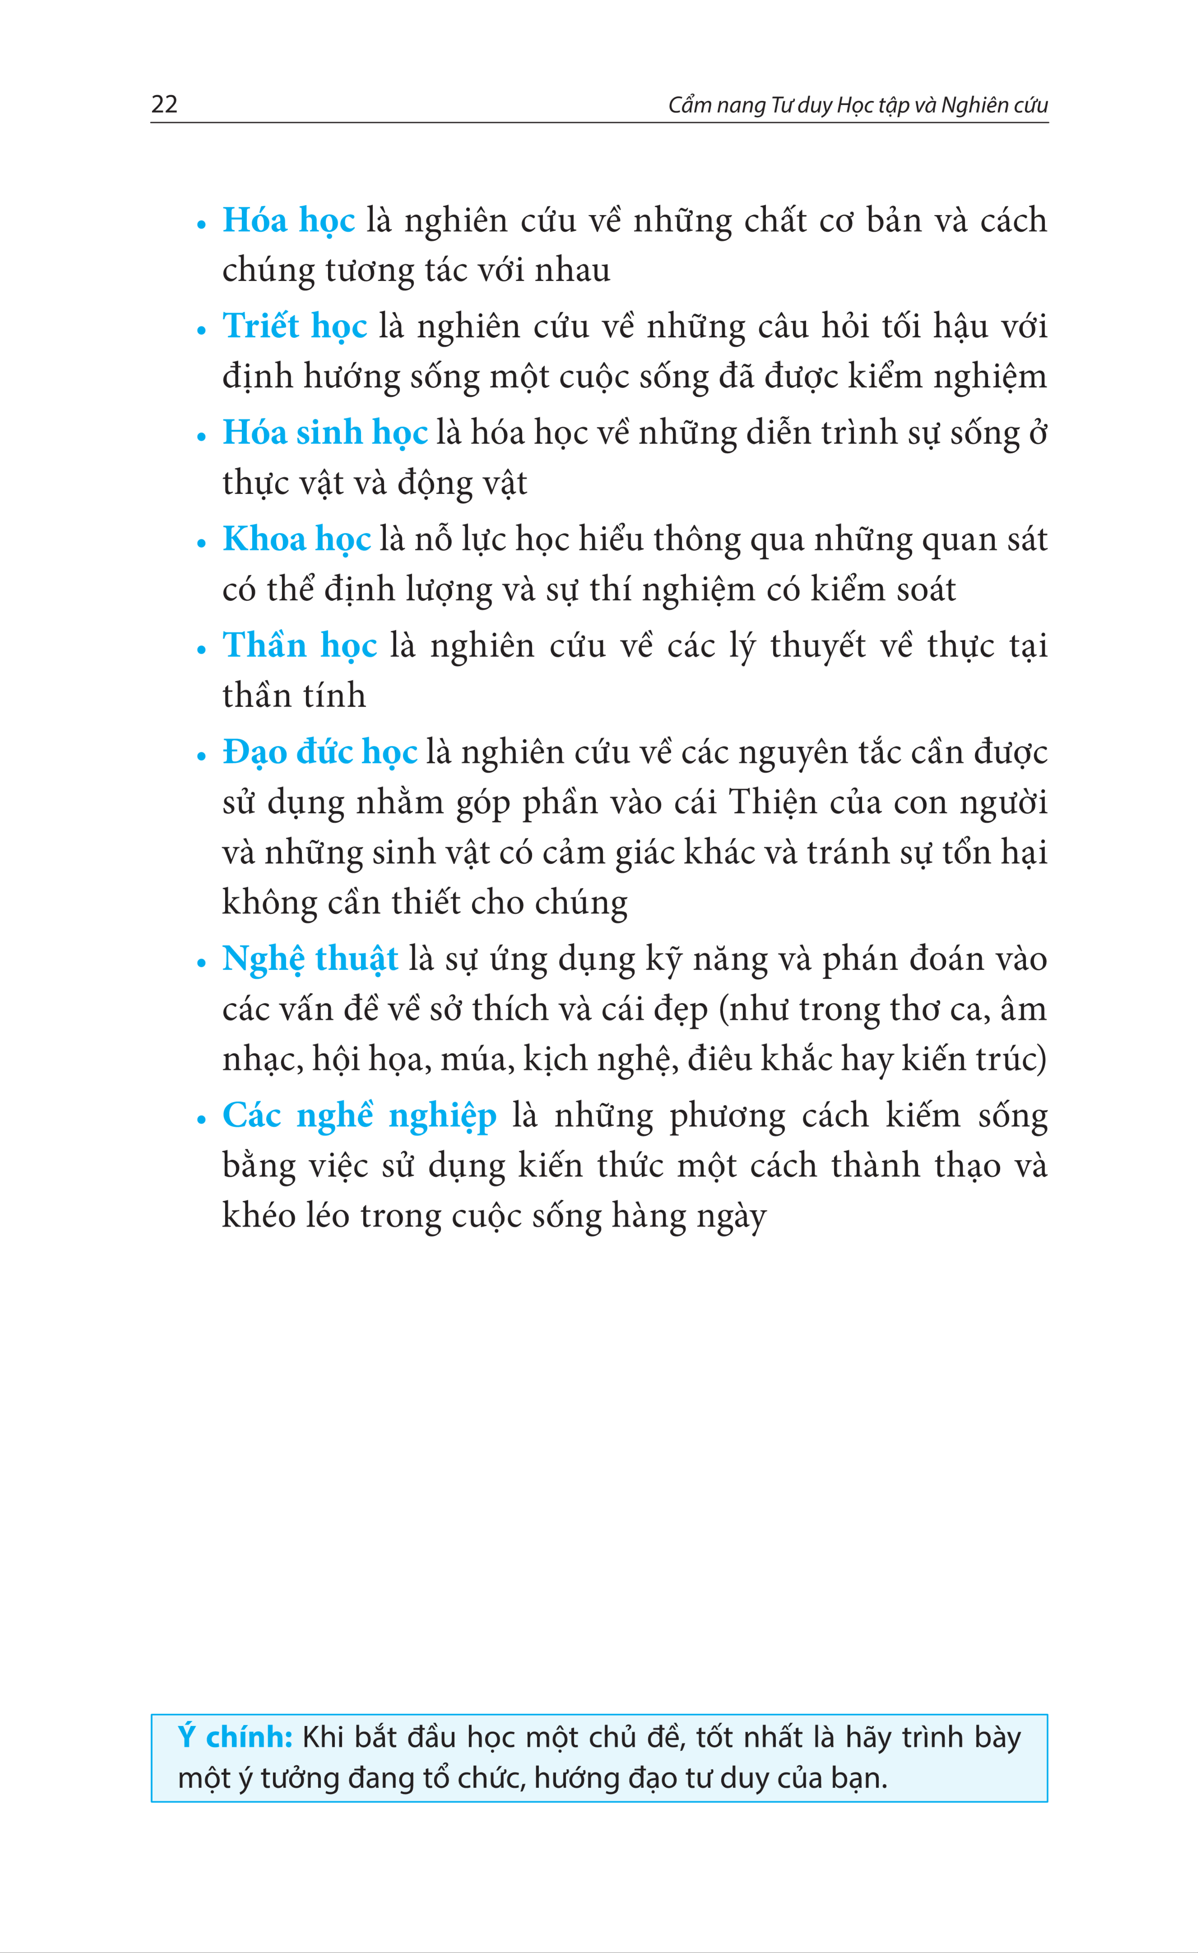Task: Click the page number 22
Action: click(164, 105)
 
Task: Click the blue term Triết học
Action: click(295, 327)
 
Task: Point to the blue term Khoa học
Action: click(297, 540)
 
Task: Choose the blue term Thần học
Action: click(300, 646)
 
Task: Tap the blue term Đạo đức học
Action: click(320, 752)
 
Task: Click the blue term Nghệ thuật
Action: click(310, 959)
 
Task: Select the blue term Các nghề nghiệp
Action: click(359, 1116)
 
